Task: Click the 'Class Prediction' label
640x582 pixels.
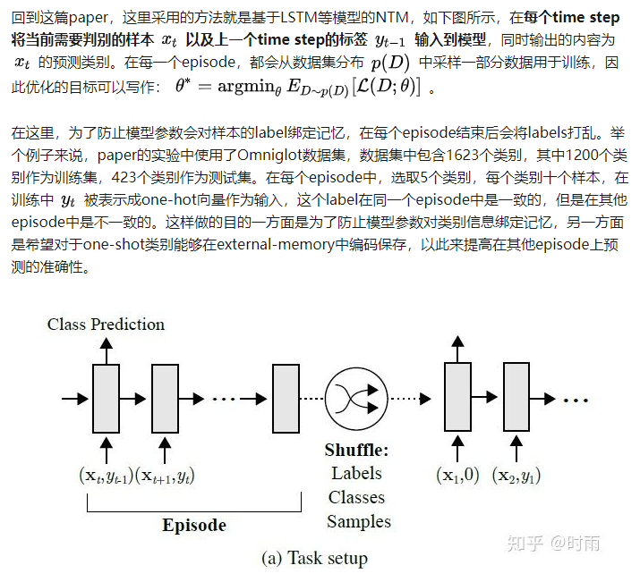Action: click(x=106, y=325)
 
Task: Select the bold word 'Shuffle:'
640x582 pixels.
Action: click(x=356, y=450)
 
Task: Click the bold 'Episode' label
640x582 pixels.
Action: click(x=194, y=525)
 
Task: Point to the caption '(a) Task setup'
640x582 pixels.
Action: click(x=314, y=559)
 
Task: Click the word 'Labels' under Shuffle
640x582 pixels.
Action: click(x=356, y=474)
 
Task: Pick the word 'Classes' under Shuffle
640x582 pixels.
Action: click(x=356, y=498)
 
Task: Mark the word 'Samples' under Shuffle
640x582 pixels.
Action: click(x=358, y=522)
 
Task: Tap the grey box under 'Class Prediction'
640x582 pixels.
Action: click(x=106, y=397)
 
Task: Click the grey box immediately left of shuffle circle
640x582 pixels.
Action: click(x=286, y=397)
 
